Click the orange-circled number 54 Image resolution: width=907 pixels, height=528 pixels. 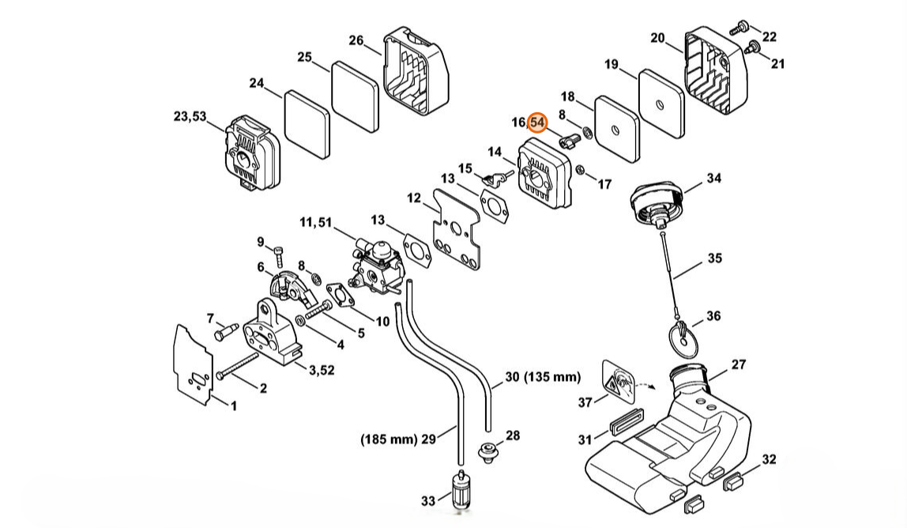[x=537, y=123]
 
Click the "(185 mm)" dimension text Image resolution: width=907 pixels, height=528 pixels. [x=388, y=439]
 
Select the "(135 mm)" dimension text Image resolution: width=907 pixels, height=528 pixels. [x=551, y=377]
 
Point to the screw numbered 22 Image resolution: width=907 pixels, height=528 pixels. [x=740, y=26]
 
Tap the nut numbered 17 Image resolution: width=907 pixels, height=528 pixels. [x=580, y=170]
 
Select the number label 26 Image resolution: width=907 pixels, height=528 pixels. [x=356, y=40]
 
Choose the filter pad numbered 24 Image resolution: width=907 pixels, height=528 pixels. [x=307, y=124]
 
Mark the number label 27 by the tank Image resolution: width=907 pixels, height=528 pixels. [x=739, y=364]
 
